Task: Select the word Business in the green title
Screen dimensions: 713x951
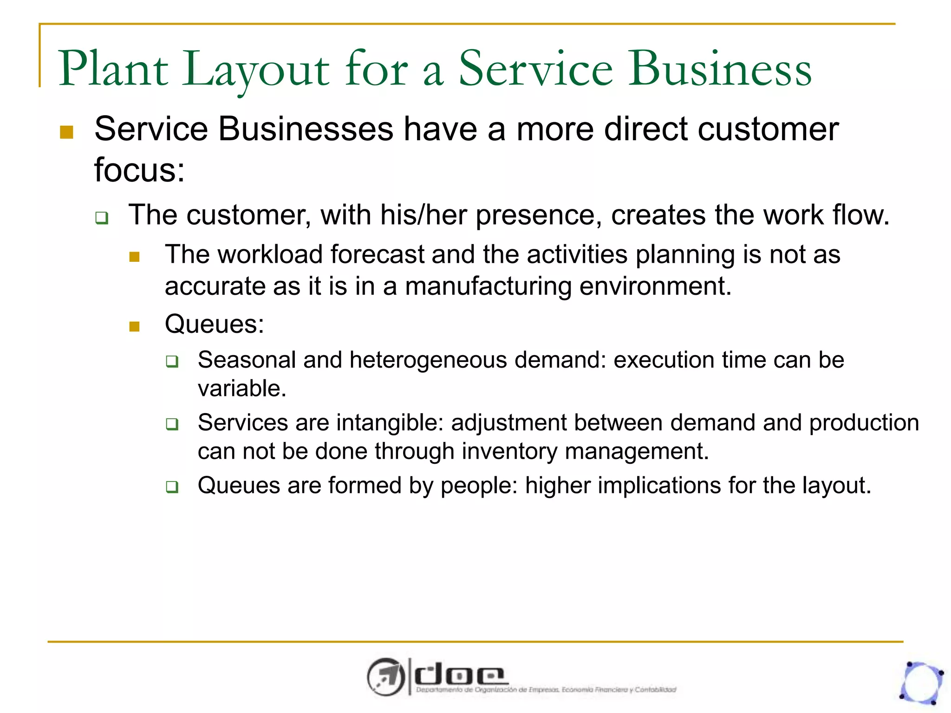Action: pyautogui.click(x=719, y=70)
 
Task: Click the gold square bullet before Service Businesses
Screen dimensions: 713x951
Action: pyautogui.click(x=67, y=132)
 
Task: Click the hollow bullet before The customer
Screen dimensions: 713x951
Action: pyautogui.click(x=102, y=218)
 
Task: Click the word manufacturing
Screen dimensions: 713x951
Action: pyautogui.click(x=488, y=286)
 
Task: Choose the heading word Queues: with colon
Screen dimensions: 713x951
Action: pyautogui.click(x=214, y=324)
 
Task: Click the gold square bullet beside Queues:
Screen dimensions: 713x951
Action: pyautogui.click(x=135, y=327)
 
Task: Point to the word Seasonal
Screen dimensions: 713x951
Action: pyautogui.click(x=247, y=360)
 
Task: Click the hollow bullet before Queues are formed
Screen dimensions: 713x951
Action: pyautogui.click(x=172, y=487)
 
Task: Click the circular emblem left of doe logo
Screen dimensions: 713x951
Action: pyautogui.click(x=385, y=677)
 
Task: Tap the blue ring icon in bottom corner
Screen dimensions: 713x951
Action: pyautogui.click(x=922, y=683)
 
